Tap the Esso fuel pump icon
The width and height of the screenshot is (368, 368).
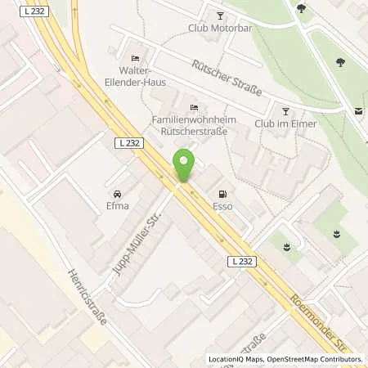coord(222,194)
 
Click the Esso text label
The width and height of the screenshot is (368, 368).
coord(222,206)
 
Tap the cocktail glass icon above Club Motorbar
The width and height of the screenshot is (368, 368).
coord(218,15)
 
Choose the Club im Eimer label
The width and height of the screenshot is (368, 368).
coord(285,123)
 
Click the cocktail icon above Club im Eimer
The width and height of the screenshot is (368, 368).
coord(285,110)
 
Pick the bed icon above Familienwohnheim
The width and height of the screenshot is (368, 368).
coord(193,108)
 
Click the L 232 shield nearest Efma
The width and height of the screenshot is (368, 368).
coord(128,142)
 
